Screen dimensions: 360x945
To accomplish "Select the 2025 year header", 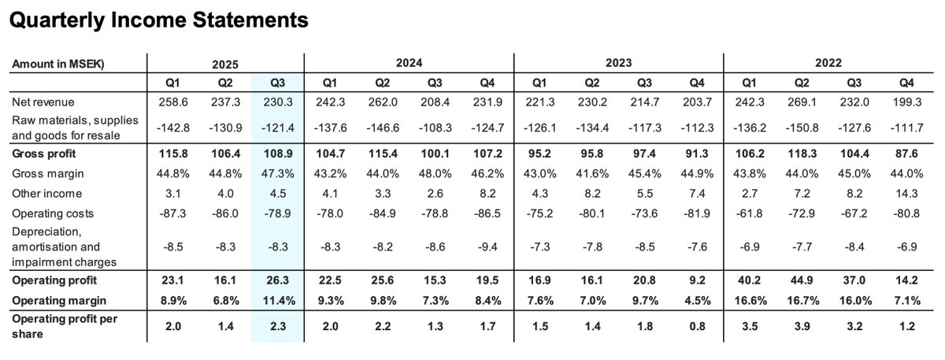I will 224,63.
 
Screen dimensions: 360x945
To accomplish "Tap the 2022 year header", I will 828,63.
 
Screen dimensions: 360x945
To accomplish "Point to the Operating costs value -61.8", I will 750,213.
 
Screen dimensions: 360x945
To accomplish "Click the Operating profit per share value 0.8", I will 696,325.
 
